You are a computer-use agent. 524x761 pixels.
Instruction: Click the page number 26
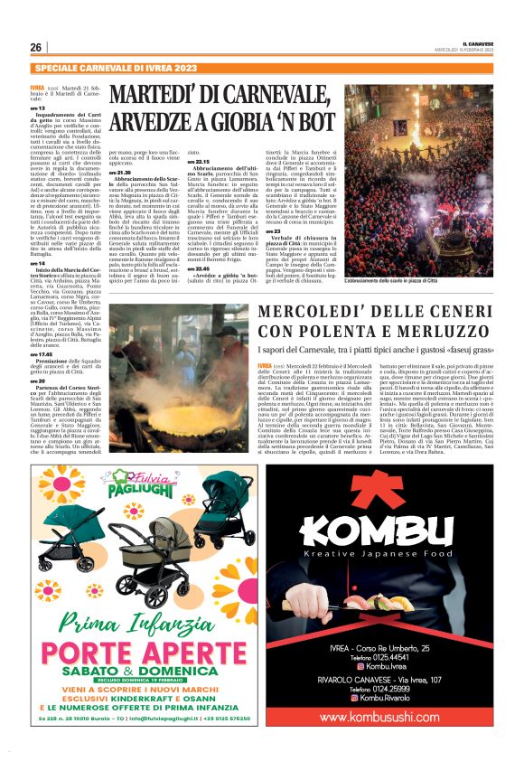click(x=36, y=47)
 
